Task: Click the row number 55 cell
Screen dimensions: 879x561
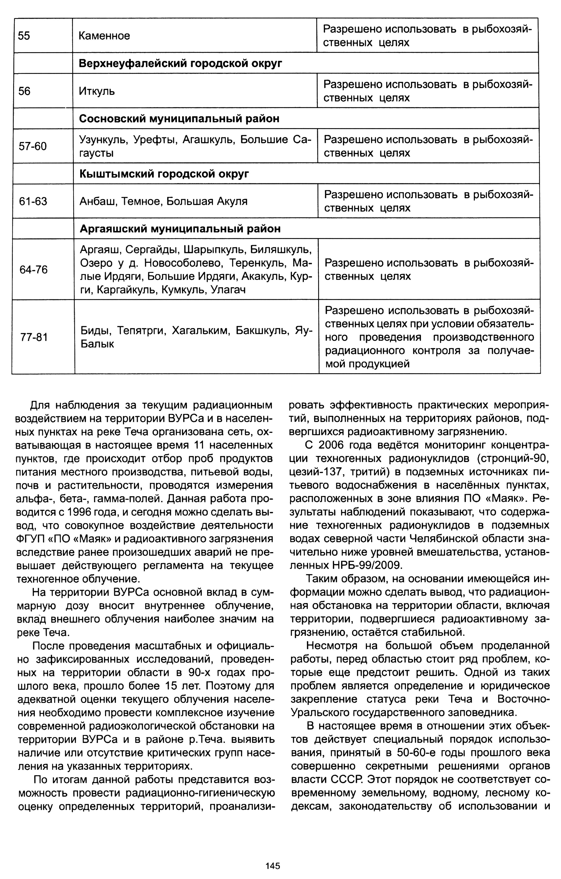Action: click(x=25, y=36)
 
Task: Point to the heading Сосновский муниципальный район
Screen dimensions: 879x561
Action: click(x=179, y=119)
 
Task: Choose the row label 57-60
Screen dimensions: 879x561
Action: click(x=33, y=146)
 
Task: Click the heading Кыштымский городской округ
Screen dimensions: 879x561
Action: click(x=164, y=174)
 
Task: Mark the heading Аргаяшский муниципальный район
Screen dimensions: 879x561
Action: click(x=180, y=229)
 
